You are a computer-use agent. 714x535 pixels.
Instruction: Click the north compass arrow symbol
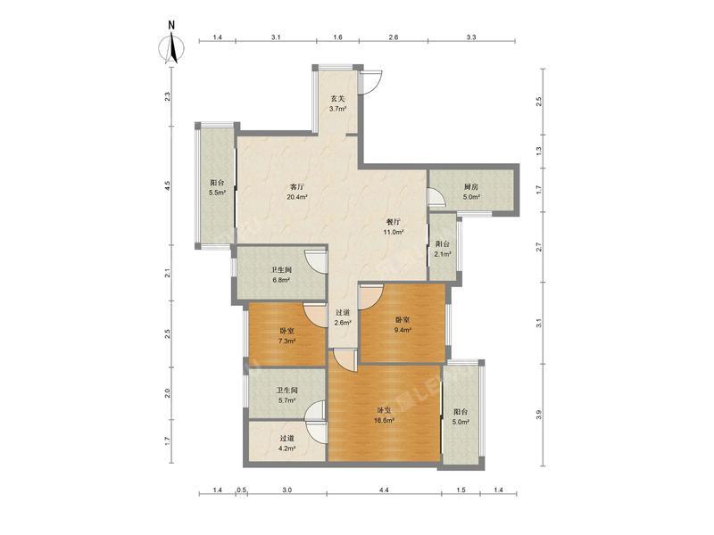[x=172, y=45]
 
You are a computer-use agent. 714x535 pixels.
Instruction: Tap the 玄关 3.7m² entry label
[x=337, y=103]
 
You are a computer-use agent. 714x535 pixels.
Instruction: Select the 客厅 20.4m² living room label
[x=297, y=192]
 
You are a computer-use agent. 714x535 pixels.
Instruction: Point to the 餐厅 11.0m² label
[x=393, y=226]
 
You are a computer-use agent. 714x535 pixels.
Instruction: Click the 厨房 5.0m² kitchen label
[x=471, y=192]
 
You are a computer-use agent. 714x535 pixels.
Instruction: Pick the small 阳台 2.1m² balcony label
[x=443, y=250]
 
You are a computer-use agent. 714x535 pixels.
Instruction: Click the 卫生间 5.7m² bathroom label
[x=286, y=396]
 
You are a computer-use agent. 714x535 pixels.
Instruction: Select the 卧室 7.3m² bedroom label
[x=286, y=335]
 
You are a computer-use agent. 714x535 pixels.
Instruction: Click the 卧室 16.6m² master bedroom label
[x=384, y=415]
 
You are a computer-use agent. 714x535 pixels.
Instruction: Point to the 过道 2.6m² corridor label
[x=342, y=317]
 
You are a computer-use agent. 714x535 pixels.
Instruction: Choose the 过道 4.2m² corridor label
[x=286, y=443]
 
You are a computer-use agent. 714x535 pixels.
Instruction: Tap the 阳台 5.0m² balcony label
[x=461, y=417]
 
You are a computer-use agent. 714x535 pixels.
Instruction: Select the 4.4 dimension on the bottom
[x=384, y=490]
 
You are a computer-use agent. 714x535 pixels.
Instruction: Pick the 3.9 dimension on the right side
[x=538, y=415]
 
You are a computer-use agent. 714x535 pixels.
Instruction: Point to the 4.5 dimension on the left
[x=167, y=186]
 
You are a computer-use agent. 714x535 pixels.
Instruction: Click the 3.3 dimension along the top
[x=471, y=37]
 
